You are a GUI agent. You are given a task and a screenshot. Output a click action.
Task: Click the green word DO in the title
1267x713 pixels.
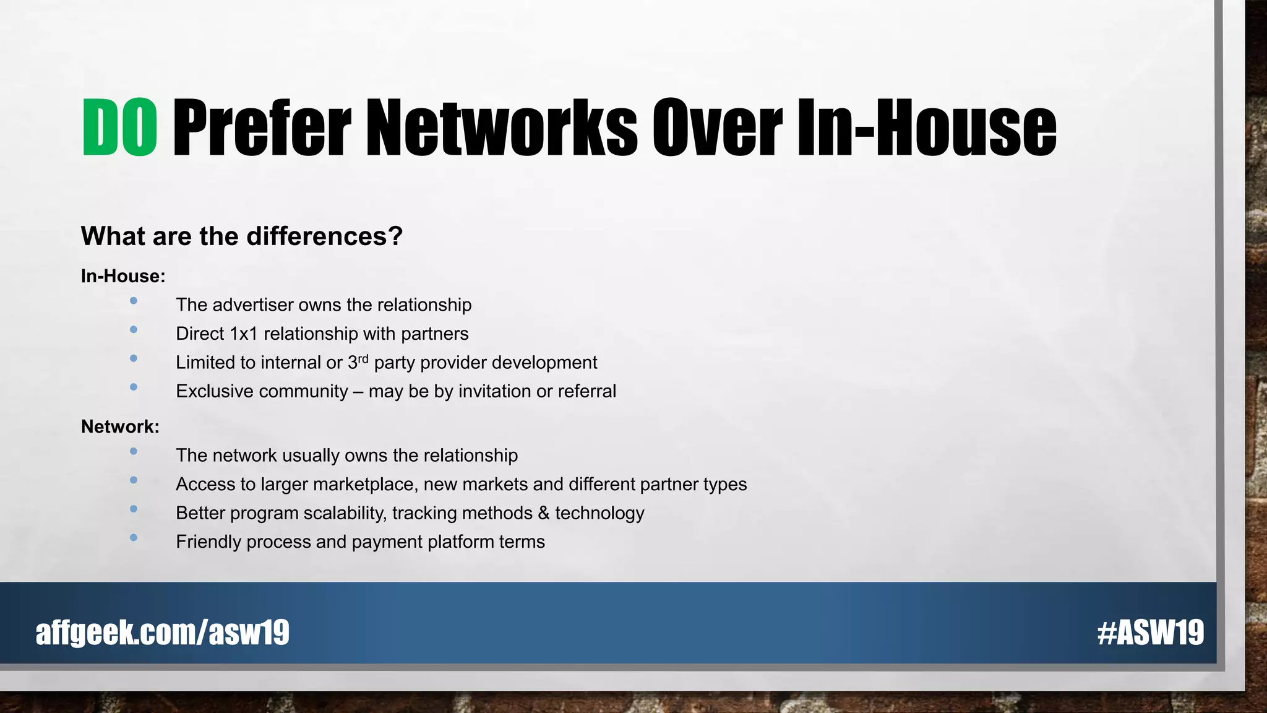(x=119, y=127)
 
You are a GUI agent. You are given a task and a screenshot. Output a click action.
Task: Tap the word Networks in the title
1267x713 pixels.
(x=501, y=127)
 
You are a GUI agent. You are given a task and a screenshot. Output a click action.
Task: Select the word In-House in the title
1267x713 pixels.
(x=926, y=127)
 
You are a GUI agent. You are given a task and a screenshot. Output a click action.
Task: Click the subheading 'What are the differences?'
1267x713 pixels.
(x=242, y=236)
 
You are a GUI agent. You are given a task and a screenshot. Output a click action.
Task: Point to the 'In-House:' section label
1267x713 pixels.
(x=123, y=276)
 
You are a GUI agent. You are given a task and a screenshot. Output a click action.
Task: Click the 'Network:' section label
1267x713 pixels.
(x=120, y=426)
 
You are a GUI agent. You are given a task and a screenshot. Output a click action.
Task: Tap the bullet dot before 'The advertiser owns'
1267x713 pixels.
(x=134, y=301)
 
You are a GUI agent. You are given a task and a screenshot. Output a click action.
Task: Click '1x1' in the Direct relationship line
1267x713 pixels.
(x=243, y=334)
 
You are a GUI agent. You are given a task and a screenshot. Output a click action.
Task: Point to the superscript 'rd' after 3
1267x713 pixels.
(x=363, y=358)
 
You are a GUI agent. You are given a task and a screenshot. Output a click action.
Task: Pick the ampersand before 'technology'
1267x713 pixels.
(x=544, y=513)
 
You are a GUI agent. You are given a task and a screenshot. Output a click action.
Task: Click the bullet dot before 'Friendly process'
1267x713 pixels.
(x=134, y=538)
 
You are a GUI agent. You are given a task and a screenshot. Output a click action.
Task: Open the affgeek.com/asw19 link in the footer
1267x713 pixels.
(x=163, y=633)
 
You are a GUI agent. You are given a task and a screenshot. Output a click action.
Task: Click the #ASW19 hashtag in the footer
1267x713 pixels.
(x=1150, y=633)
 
